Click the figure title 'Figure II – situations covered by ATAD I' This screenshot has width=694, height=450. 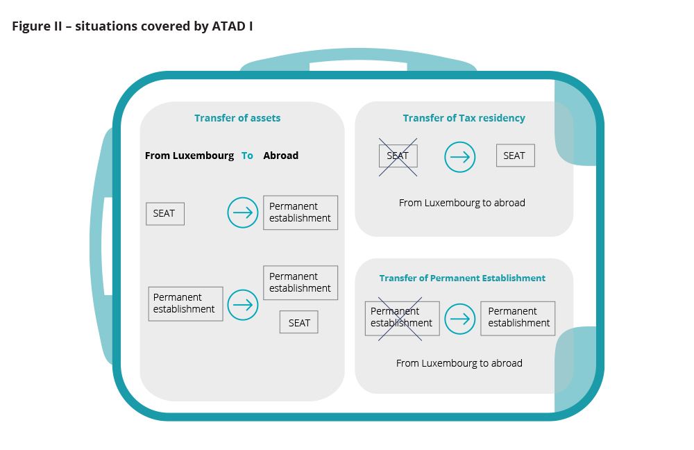click(x=133, y=26)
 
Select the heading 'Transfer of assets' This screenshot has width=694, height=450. click(x=237, y=118)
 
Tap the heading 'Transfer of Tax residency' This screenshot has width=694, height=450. click(x=464, y=118)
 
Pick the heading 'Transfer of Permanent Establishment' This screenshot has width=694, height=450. click(x=462, y=278)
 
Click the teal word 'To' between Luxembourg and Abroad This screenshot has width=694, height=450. click(x=247, y=156)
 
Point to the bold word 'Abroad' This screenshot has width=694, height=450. click(x=280, y=156)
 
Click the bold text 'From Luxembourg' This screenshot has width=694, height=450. click(x=189, y=156)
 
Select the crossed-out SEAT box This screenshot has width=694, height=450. click(x=398, y=156)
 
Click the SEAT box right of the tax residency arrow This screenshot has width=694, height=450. click(x=515, y=156)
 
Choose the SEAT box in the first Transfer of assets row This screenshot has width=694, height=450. click(x=165, y=213)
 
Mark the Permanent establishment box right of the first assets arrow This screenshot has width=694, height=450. click(x=301, y=212)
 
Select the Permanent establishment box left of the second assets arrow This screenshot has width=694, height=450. click(x=185, y=304)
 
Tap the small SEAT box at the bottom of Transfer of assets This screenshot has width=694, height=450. click(x=298, y=322)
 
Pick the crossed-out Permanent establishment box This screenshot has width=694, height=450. click(x=403, y=318)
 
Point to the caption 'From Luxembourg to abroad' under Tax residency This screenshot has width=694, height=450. click(x=462, y=203)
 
